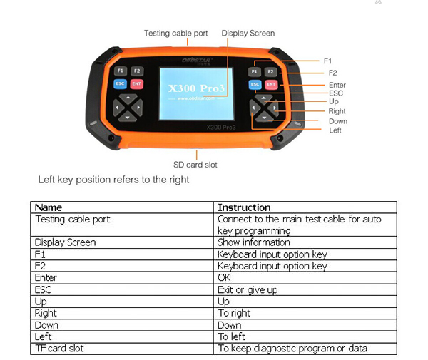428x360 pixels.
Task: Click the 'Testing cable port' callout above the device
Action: point(175,34)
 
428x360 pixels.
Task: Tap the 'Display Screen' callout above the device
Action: point(248,34)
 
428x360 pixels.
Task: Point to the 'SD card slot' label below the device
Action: point(195,165)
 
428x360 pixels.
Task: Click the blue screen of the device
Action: point(195,92)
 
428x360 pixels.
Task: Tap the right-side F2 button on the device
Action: point(270,72)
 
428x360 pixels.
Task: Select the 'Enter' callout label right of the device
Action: point(337,85)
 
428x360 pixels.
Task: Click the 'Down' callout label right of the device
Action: point(338,121)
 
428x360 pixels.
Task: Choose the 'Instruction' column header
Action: point(244,207)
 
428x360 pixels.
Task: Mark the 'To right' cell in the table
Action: point(234,313)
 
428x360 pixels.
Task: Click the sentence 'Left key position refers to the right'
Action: point(113,180)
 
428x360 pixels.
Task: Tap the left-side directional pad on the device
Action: point(126,108)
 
